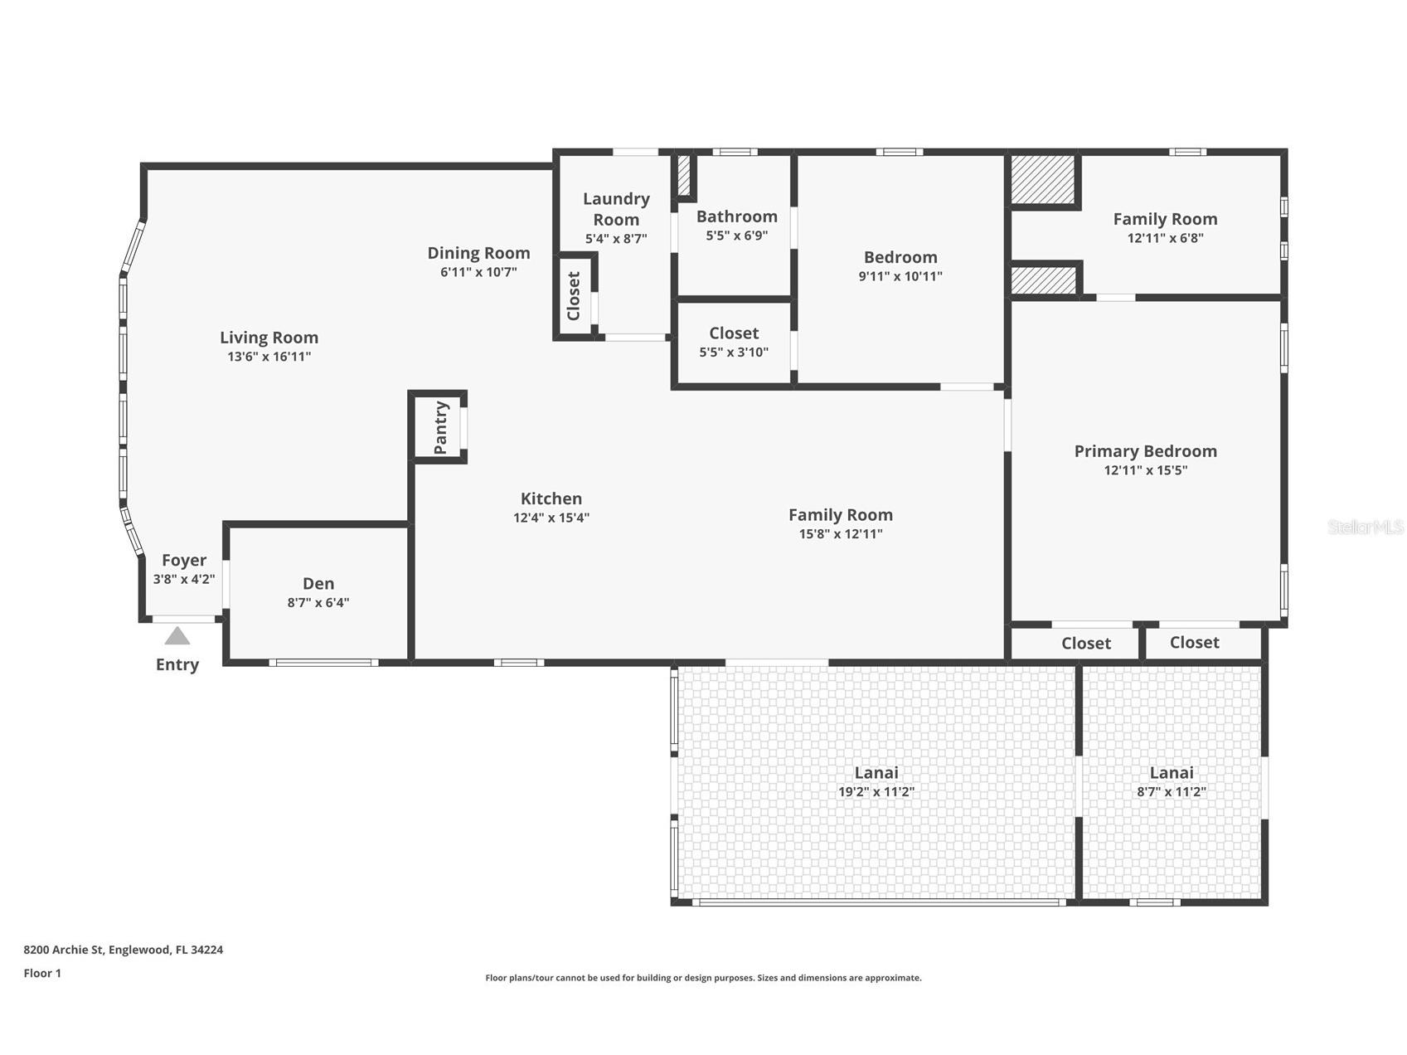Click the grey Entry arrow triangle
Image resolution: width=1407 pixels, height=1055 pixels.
click(177, 636)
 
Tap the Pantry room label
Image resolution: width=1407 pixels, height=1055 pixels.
click(441, 427)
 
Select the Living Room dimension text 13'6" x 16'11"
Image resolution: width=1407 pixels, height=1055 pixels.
click(269, 357)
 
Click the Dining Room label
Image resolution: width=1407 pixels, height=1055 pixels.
click(478, 253)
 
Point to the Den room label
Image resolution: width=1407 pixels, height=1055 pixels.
click(318, 583)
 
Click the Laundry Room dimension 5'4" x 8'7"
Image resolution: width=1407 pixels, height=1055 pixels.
click(616, 239)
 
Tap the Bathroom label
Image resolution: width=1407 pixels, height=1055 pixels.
click(736, 216)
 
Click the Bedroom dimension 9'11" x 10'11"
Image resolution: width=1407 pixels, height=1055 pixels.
click(900, 276)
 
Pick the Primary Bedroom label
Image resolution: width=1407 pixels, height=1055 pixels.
click(1145, 451)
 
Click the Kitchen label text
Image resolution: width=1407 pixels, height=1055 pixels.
click(551, 498)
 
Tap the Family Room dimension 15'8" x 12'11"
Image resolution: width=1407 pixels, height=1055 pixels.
click(840, 534)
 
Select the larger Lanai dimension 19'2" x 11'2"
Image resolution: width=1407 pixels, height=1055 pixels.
click(876, 792)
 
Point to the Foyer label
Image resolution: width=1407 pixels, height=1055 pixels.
click(184, 561)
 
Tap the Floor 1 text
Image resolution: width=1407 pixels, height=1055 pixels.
click(42, 973)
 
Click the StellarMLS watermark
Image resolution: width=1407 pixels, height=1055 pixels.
click(1365, 527)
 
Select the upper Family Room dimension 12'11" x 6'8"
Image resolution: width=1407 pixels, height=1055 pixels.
click(1165, 238)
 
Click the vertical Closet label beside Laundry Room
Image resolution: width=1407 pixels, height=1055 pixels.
click(574, 296)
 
